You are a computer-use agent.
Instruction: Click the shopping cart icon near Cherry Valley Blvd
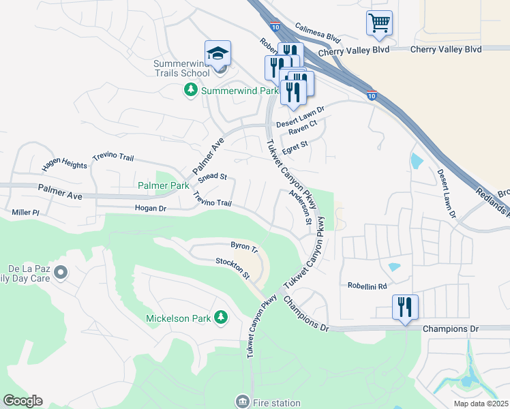379,23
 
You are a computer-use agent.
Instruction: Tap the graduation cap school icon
217,53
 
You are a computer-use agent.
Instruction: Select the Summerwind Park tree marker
192,90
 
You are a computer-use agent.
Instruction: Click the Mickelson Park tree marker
220,318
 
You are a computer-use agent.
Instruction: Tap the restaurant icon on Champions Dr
405,307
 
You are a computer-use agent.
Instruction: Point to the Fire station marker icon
242,402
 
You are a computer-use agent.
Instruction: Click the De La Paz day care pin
61,273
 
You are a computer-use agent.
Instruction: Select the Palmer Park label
163,185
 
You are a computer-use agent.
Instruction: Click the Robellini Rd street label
367,286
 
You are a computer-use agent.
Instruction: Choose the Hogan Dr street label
151,208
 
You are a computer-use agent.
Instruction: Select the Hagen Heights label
64,165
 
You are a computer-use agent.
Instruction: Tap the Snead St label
212,177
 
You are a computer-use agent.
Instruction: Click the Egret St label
295,145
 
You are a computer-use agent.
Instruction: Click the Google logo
22,401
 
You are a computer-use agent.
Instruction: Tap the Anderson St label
300,207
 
